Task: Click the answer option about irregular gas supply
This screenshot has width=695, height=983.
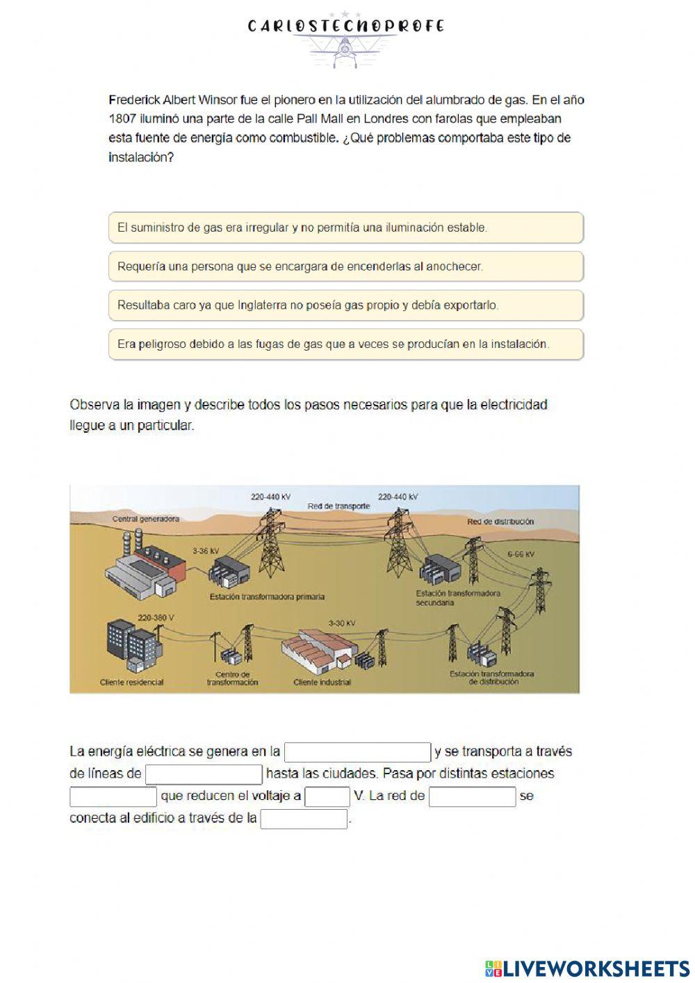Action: pyautogui.click(x=345, y=227)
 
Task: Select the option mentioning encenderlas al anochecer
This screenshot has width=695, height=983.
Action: pyautogui.click(x=345, y=266)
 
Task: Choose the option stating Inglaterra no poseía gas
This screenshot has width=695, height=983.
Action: pyautogui.click(x=345, y=305)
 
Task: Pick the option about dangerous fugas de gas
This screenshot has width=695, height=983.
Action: pyautogui.click(x=345, y=344)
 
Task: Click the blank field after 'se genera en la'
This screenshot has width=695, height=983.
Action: pyautogui.click(x=358, y=752)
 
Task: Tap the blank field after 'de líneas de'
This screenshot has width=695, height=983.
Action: pyautogui.click(x=204, y=774)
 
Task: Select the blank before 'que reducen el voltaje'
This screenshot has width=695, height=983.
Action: pyautogui.click(x=113, y=797)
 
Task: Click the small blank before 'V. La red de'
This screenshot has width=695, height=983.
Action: pyautogui.click(x=327, y=797)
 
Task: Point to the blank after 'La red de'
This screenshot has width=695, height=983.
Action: pyautogui.click(x=473, y=797)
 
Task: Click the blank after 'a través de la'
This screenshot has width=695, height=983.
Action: pyautogui.click(x=304, y=819)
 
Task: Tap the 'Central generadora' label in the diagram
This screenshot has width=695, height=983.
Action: pyautogui.click(x=146, y=519)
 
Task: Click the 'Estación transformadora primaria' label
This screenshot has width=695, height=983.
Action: pyautogui.click(x=267, y=597)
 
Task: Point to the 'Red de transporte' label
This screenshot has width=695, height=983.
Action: pyautogui.click(x=338, y=506)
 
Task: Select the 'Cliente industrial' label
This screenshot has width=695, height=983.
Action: pyautogui.click(x=322, y=682)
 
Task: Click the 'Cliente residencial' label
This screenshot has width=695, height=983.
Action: pyautogui.click(x=132, y=682)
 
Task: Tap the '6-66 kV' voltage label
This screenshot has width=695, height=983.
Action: pyautogui.click(x=521, y=554)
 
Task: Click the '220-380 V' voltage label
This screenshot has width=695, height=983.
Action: pyautogui.click(x=156, y=617)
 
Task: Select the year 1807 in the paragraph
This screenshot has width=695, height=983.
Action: pyautogui.click(x=123, y=119)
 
